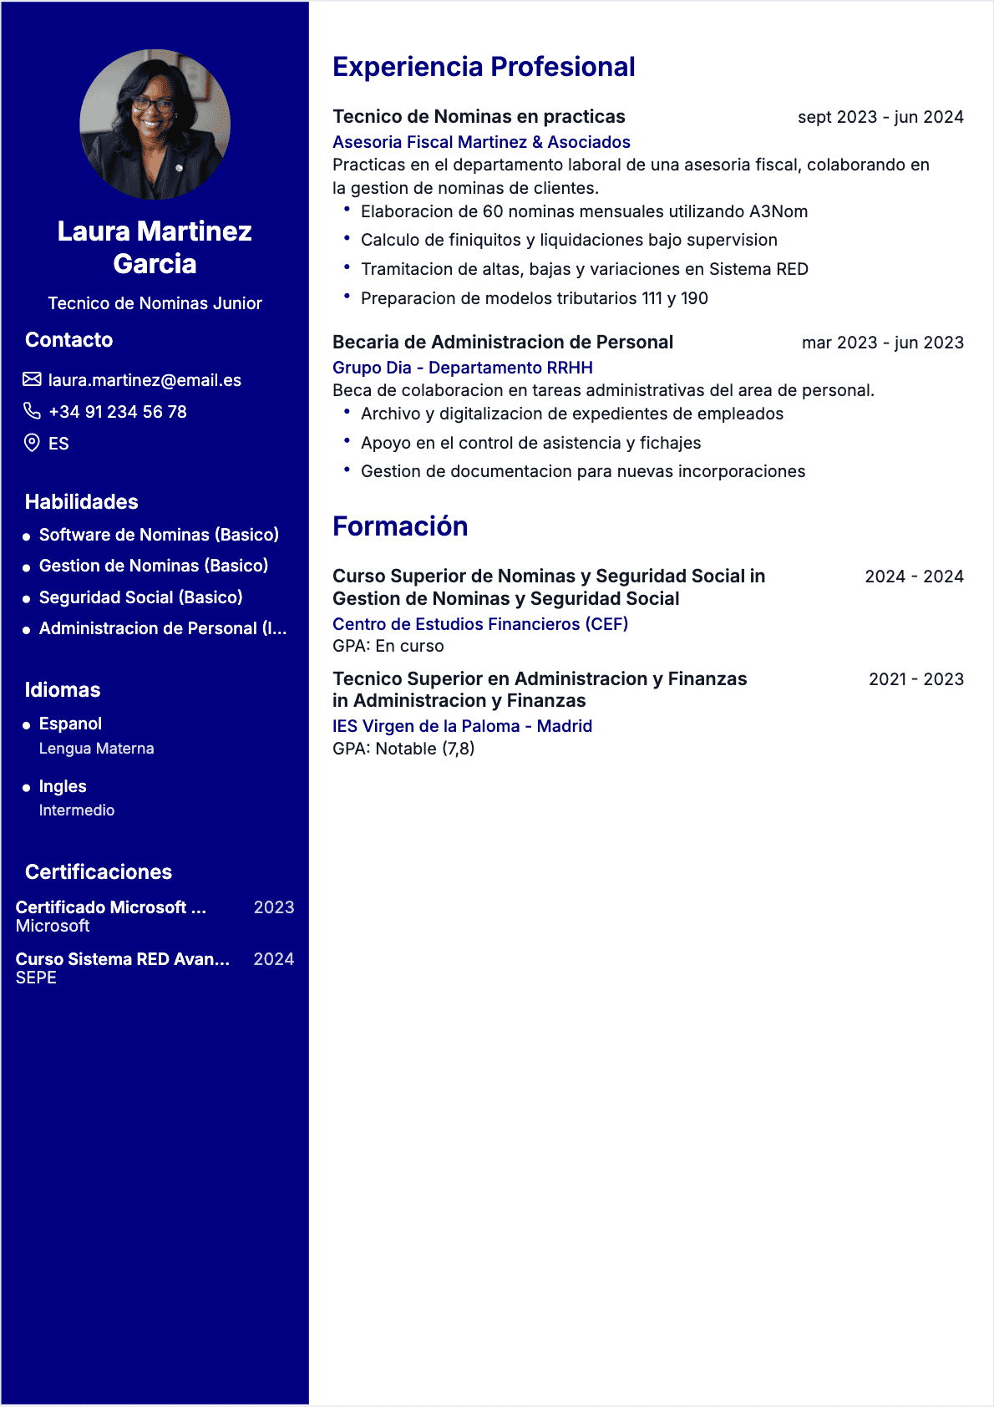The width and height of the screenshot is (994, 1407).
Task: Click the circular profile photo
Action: tap(155, 124)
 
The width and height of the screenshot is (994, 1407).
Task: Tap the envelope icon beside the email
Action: tap(32, 380)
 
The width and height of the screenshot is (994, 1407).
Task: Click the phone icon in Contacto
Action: tap(32, 411)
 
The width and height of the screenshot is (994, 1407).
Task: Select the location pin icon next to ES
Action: tap(32, 443)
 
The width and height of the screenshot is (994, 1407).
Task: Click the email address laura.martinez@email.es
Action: tap(145, 380)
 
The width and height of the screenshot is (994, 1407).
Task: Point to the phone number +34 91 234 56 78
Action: tap(118, 412)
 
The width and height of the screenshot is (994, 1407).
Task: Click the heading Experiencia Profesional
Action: tap(484, 67)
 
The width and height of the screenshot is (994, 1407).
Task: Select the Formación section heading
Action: tap(400, 526)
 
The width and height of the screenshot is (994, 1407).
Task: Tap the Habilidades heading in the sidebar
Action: tap(82, 501)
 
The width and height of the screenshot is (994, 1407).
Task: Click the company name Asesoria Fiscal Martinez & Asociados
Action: tap(481, 142)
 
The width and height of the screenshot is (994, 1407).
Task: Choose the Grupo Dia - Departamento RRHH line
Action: tap(463, 368)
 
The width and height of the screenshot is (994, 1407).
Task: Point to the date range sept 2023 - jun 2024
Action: tap(880, 117)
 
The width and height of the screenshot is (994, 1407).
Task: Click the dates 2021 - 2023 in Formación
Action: tap(915, 679)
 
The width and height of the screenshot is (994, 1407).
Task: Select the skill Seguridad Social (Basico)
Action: tap(140, 597)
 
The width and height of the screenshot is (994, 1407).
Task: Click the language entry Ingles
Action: tap(63, 786)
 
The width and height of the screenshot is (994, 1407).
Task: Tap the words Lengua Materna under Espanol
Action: tap(96, 749)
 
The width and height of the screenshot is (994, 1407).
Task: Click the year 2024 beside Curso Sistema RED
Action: tap(274, 959)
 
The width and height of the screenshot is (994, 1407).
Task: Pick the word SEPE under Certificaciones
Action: tap(36, 978)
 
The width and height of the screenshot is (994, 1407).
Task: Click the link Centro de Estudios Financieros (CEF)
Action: tap(480, 624)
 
